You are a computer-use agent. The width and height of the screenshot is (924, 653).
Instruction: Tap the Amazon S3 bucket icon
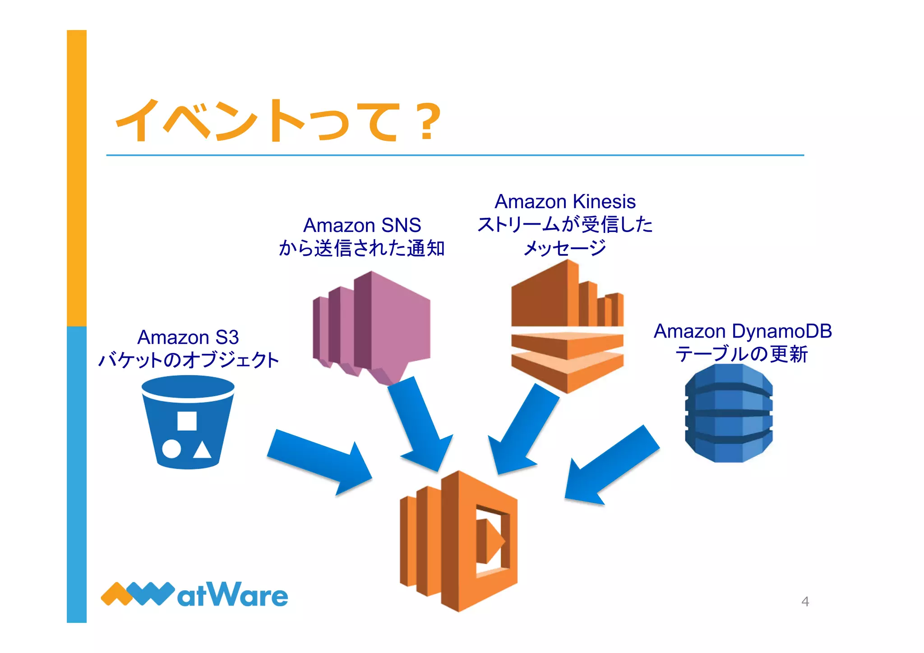[188, 422]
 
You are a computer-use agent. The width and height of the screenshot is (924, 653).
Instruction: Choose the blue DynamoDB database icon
[729, 413]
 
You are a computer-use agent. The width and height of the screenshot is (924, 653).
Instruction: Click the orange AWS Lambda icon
[459, 541]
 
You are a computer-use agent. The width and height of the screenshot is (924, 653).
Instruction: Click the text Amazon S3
[188, 337]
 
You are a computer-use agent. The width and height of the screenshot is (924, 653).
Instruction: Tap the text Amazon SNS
[362, 225]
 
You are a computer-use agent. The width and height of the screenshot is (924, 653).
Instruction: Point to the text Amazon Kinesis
[565, 201]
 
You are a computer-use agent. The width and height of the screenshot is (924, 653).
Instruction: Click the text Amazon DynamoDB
[743, 331]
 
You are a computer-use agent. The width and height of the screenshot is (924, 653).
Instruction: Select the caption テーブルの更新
[741, 354]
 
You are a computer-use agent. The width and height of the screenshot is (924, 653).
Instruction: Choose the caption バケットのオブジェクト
[189, 360]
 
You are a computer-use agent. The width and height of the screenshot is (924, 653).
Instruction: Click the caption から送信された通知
[362, 248]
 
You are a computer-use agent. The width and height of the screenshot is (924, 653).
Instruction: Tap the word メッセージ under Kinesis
[565, 248]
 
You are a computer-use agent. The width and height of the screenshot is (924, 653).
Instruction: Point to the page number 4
[805, 602]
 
